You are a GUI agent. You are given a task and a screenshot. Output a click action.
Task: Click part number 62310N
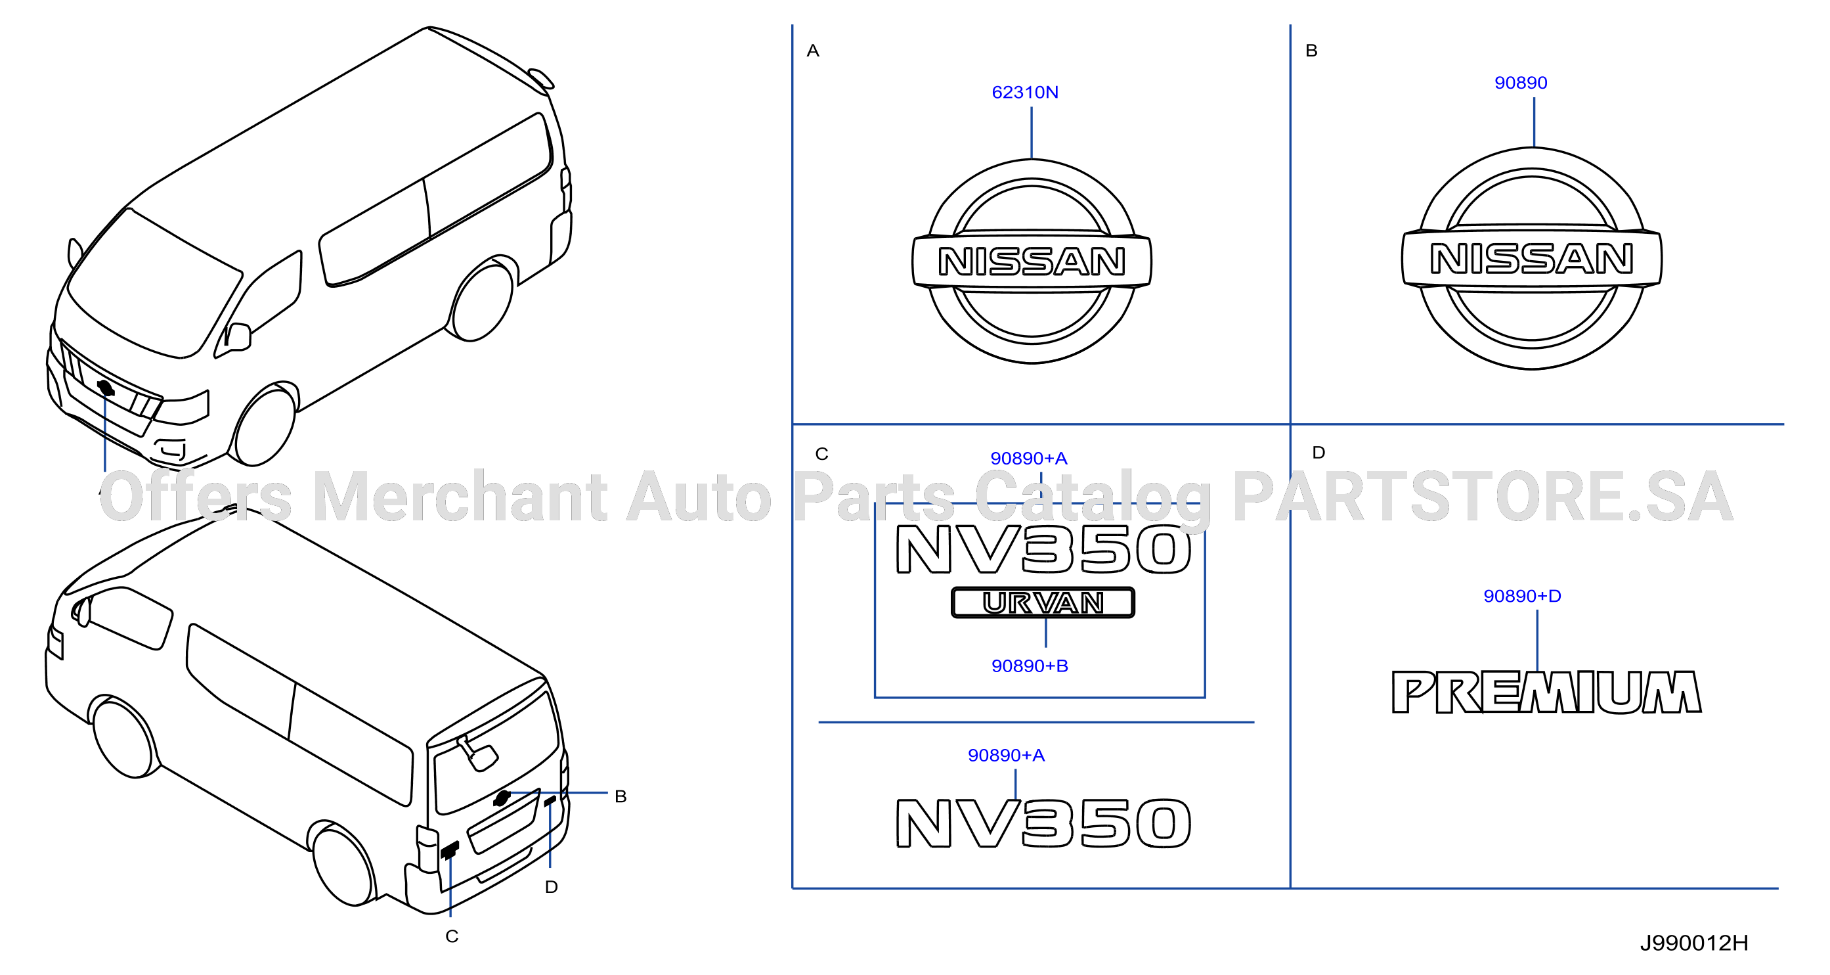click(1024, 93)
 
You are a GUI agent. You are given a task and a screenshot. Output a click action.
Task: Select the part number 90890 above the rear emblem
click(1520, 83)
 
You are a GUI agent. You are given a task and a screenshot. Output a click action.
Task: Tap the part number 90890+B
click(1030, 666)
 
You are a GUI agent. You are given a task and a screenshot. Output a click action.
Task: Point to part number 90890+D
click(1521, 596)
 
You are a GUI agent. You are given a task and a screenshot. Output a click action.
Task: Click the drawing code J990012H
click(1693, 943)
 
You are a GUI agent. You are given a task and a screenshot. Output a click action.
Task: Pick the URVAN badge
click(1042, 602)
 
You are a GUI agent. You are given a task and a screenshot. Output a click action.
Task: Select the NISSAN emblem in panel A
click(1032, 261)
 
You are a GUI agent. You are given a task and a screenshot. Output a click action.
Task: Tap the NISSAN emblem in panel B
click(1532, 258)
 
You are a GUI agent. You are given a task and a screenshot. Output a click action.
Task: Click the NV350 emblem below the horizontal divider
click(1043, 824)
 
